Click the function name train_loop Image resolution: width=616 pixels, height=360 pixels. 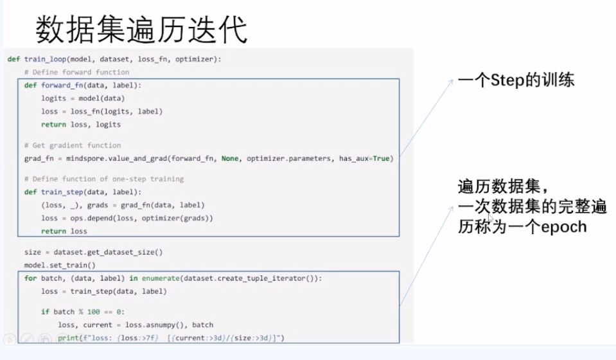(x=44, y=59)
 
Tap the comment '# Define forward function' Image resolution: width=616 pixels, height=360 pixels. (x=76, y=72)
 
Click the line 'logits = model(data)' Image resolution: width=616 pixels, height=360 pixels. (x=83, y=98)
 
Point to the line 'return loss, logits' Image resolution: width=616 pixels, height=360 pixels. (x=81, y=125)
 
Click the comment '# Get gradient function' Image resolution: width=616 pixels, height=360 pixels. (x=72, y=145)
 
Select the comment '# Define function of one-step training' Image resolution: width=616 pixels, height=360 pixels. (x=103, y=179)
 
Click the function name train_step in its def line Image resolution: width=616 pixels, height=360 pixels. (x=62, y=192)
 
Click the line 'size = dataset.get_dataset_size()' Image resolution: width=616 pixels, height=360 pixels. (x=94, y=252)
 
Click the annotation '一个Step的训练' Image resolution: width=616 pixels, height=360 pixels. (x=516, y=80)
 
